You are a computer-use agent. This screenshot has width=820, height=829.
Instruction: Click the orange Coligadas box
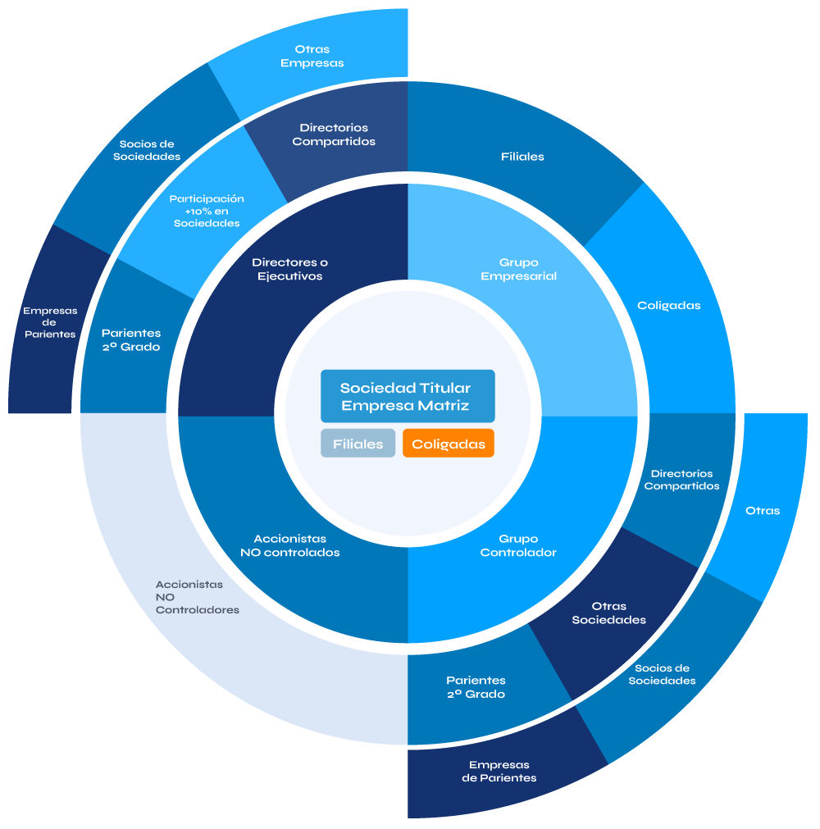point(448,444)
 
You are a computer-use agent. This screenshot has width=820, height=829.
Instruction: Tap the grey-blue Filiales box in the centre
point(358,444)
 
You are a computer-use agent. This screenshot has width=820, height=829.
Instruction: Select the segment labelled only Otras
point(763,511)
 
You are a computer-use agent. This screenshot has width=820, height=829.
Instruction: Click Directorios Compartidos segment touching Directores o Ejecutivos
point(334,135)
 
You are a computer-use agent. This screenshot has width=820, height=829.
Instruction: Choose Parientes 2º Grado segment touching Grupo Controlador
point(476,687)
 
